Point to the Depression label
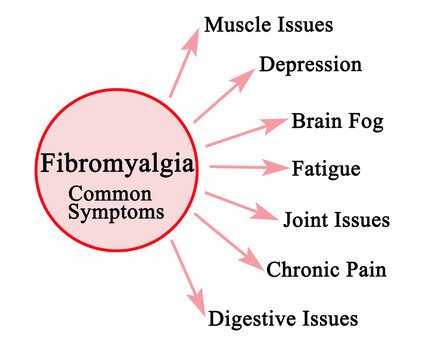click(x=309, y=65)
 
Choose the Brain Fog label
click(x=337, y=122)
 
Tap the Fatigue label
click(x=325, y=169)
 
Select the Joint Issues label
click(x=336, y=219)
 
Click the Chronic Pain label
click(x=326, y=268)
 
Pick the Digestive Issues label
click(x=282, y=319)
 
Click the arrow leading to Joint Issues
click(x=239, y=203)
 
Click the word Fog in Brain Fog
click(x=366, y=122)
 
